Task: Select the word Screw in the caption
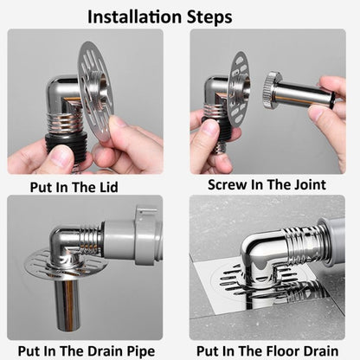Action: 228,184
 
